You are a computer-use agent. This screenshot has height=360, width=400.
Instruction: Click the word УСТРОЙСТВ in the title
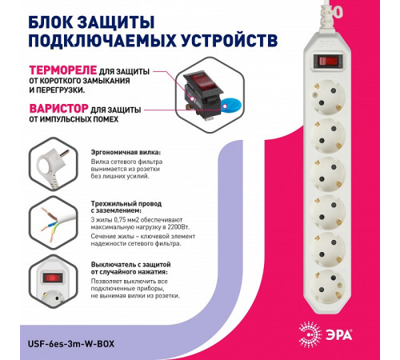coord(230,38)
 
